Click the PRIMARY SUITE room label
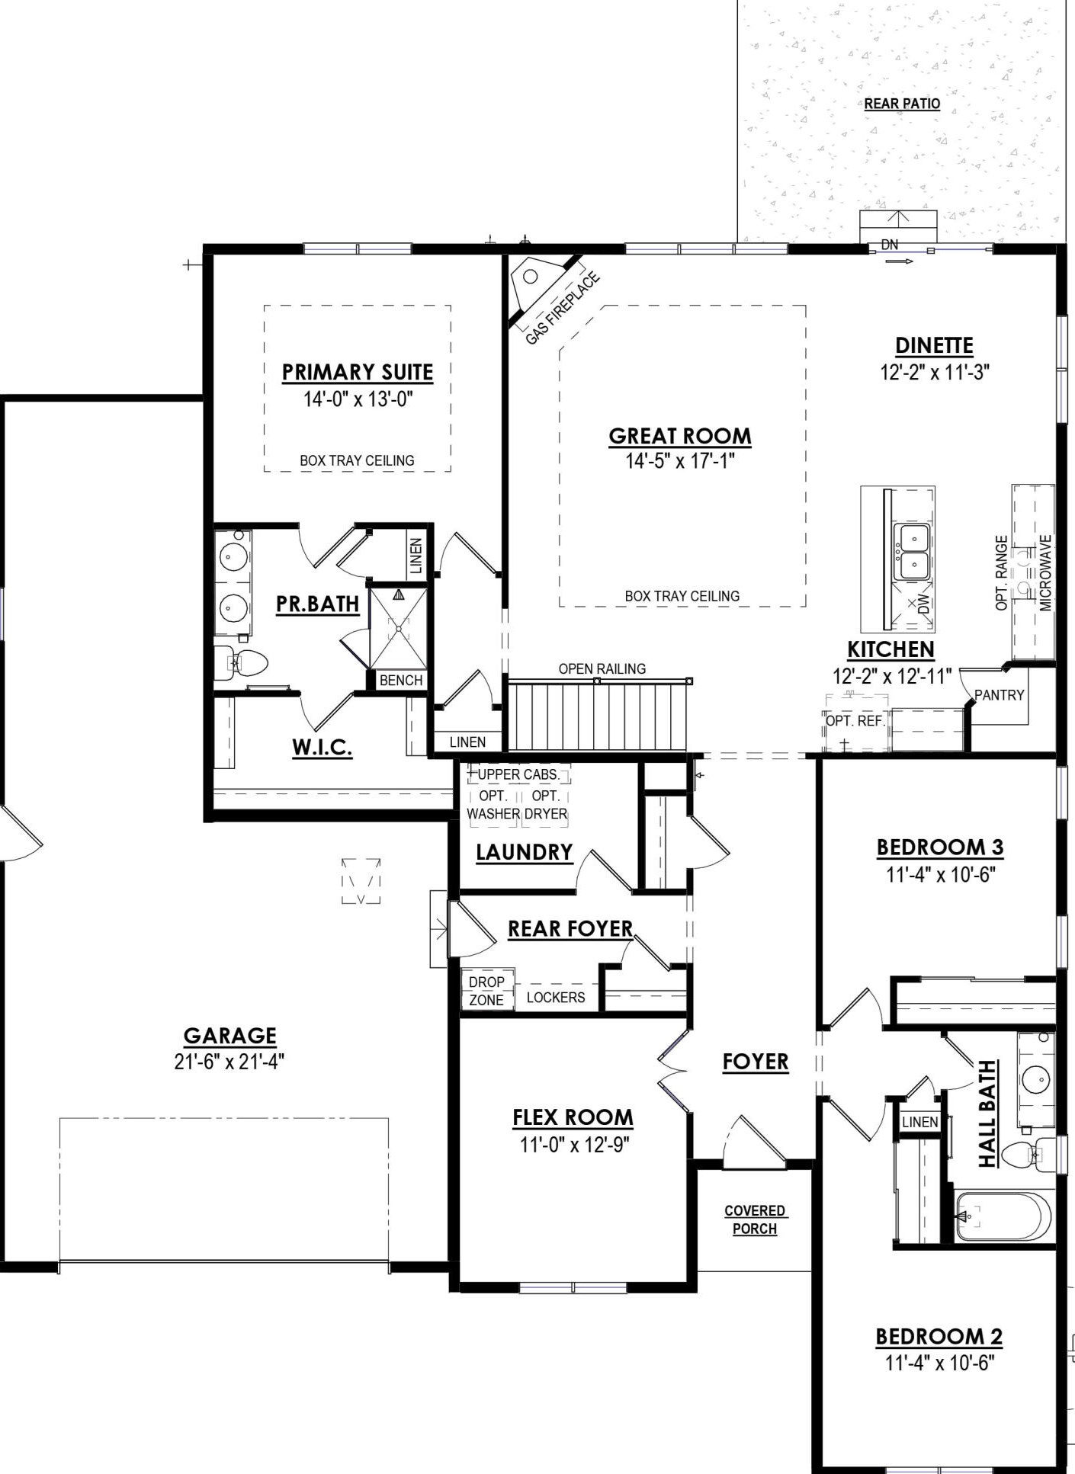click(x=358, y=372)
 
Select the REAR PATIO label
click(x=902, y=104)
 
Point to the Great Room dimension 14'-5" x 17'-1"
click(x=680, y=460)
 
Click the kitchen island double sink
click(x=913, y=552)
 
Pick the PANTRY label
click(x=999, y=695)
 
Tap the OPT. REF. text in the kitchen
click(x=855, y=721)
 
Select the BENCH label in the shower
click(x=401, y=681)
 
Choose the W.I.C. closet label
click(x=322, y=747)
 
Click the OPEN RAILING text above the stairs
click(x=602, y=668)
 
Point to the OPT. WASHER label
click(x=493, y=805)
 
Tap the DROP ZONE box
click(x=487, y=990)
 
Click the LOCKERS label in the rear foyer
click(x=556, y=997)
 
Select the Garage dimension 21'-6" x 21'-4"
click(x=229, y=1062)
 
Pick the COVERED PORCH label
click(x=755, y=1219)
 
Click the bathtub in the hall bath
click(x=1003, y=1216)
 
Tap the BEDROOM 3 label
click(x=940, y=848)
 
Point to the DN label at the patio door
click(x=889, y=245)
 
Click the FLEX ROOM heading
click(x=573, y=1117)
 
